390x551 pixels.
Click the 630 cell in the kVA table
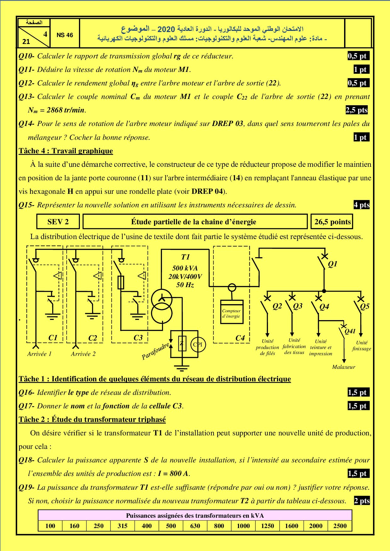[x=195, y=526]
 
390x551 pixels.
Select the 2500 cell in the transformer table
[x=340, y=526]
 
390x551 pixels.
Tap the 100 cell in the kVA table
[x=50, y=526]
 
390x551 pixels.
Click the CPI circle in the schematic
[x=198, y=344]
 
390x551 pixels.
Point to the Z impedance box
[x=182, y=343]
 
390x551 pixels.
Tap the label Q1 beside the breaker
[x=332, y=264]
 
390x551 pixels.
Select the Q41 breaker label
[x=350, y=331]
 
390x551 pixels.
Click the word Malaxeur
[x=343, y=367]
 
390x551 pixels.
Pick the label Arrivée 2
[x=83, y=354]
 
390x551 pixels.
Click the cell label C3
[x=138, y=338]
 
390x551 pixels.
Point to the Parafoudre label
[x=156, y=352]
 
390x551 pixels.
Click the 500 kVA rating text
[x=185, y=268]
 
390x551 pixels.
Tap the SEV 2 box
[x=58, y=222]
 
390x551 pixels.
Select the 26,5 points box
[x=332, y=222]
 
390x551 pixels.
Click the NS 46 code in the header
[x=65, y=35]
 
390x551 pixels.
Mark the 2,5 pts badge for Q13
[x=356, y=110]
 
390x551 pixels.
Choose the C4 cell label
[x=240, y=338]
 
